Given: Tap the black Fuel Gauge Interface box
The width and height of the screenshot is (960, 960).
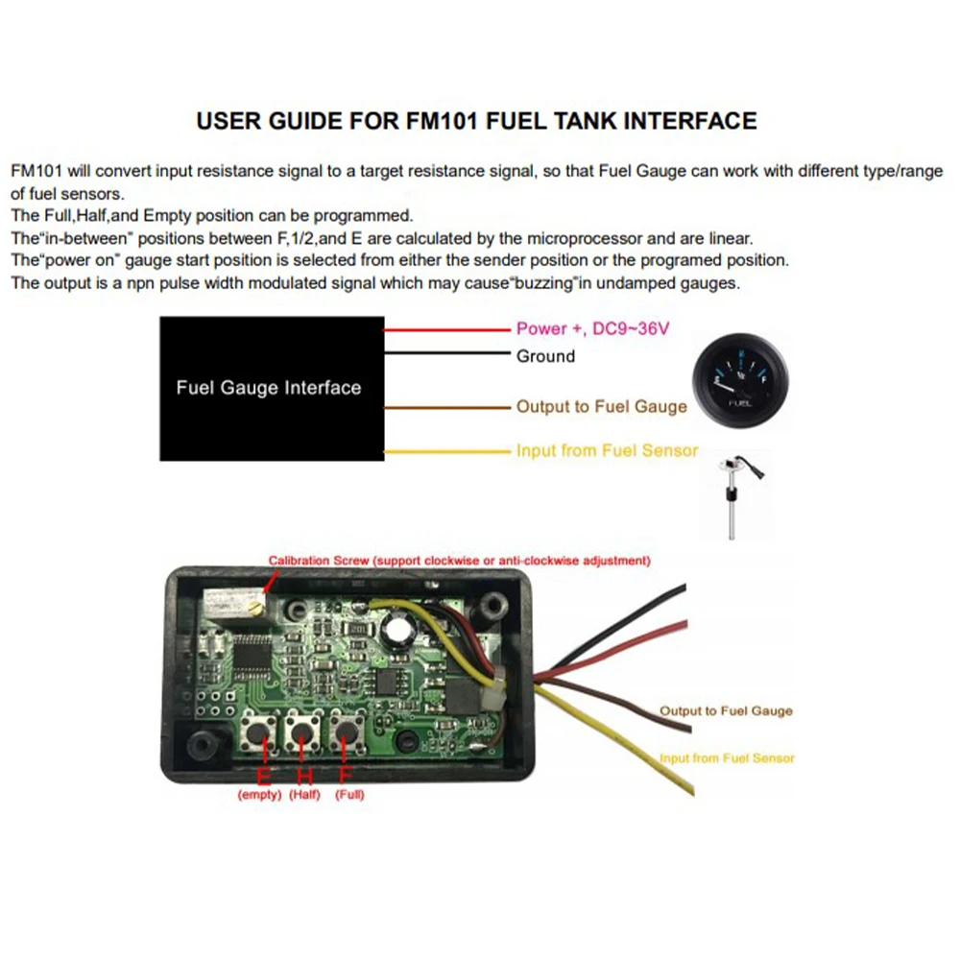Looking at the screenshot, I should (269, 388).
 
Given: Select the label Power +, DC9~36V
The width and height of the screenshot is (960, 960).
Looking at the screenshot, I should (592, 328).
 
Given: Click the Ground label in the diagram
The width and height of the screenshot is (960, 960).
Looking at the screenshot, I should (545, 356).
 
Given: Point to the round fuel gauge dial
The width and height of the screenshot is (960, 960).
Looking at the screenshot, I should (740, 381).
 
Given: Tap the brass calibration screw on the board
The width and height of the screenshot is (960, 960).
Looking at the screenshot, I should (254, 604).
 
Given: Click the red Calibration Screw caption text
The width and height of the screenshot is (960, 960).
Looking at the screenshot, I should (460, 560).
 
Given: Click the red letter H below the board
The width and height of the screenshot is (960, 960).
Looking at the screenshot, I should (303, 776).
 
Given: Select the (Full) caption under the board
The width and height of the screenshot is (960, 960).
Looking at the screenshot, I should (348, 795).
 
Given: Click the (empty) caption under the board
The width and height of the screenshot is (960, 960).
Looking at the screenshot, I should (259, 795).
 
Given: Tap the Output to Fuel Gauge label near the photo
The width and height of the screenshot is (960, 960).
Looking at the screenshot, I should (726, 711).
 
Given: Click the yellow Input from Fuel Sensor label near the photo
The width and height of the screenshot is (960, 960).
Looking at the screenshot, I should (727, 758).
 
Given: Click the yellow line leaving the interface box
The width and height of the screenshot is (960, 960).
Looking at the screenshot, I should (446, 451).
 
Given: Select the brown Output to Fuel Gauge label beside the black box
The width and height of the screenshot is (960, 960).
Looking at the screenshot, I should (602, 406).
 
